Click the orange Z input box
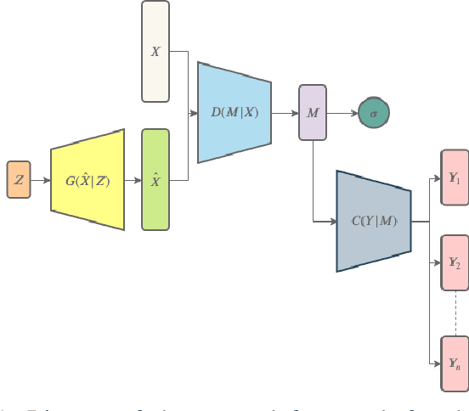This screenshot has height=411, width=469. [x=19, y=179]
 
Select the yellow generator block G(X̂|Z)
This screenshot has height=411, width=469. [x=88, y=179]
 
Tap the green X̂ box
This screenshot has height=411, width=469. [x=155, y=179]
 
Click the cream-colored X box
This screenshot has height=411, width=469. [x=155, y=52]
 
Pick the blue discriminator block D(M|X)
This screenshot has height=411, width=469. [x=234, y=111]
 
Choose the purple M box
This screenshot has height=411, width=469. [x=312, y=112]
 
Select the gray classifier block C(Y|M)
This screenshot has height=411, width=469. [x=374, y=221]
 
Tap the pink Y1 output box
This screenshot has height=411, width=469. [x=455, y=178]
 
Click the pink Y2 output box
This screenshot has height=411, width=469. [x=455, y=264]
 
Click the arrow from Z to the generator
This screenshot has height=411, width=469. [x=41, y=180]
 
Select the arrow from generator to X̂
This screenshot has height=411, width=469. [x=133, y=180]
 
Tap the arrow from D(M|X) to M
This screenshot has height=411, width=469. [x=285, y=112]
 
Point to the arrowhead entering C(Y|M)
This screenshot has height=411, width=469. [x=332, y=222]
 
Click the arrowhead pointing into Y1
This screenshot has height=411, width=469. [x=437, y=178]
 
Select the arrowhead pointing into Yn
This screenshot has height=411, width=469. [x=437, y=363]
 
